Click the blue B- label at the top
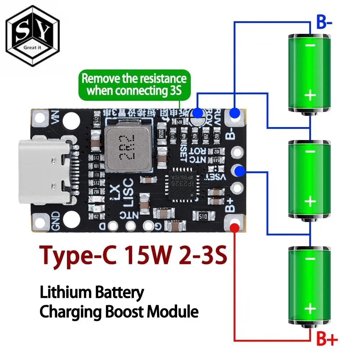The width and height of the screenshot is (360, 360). pyautogui.click(x=324, y=22)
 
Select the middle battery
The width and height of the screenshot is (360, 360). pyautogui.click(x=310, y=179)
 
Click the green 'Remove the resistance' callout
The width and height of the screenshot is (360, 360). pyautogui.click(x=134, y=84)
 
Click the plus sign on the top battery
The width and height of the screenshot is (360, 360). pyautogui.click(x=310, y=96)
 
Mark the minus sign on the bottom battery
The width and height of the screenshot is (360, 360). pyautogui.click(x=309, y=258)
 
